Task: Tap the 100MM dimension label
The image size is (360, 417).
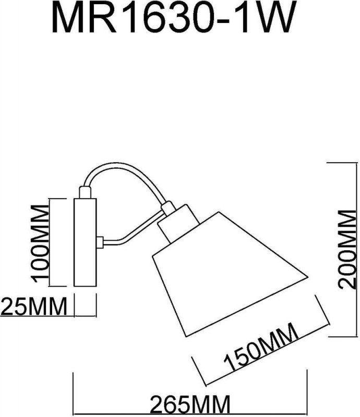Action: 40,242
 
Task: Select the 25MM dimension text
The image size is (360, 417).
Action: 34,306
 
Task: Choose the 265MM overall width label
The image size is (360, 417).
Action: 190,404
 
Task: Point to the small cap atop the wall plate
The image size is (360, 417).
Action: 85,192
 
